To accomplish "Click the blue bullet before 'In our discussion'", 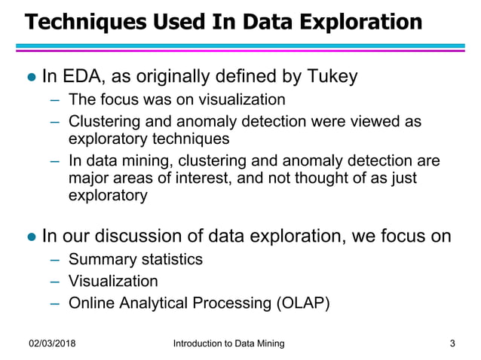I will (x=31, y=237).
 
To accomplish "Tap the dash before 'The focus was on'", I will (x=54, y=99).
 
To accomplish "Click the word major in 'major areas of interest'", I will (x=87, y=178).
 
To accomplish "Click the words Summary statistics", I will (x=136, y=260).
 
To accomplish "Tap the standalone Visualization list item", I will (x=113, y=282).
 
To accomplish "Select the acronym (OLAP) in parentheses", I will (x=302, y=304).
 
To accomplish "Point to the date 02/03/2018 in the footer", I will (x=52, y=344).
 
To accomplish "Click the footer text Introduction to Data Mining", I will (x=228, y=344).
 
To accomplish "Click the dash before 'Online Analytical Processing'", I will (x=54, y=304).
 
